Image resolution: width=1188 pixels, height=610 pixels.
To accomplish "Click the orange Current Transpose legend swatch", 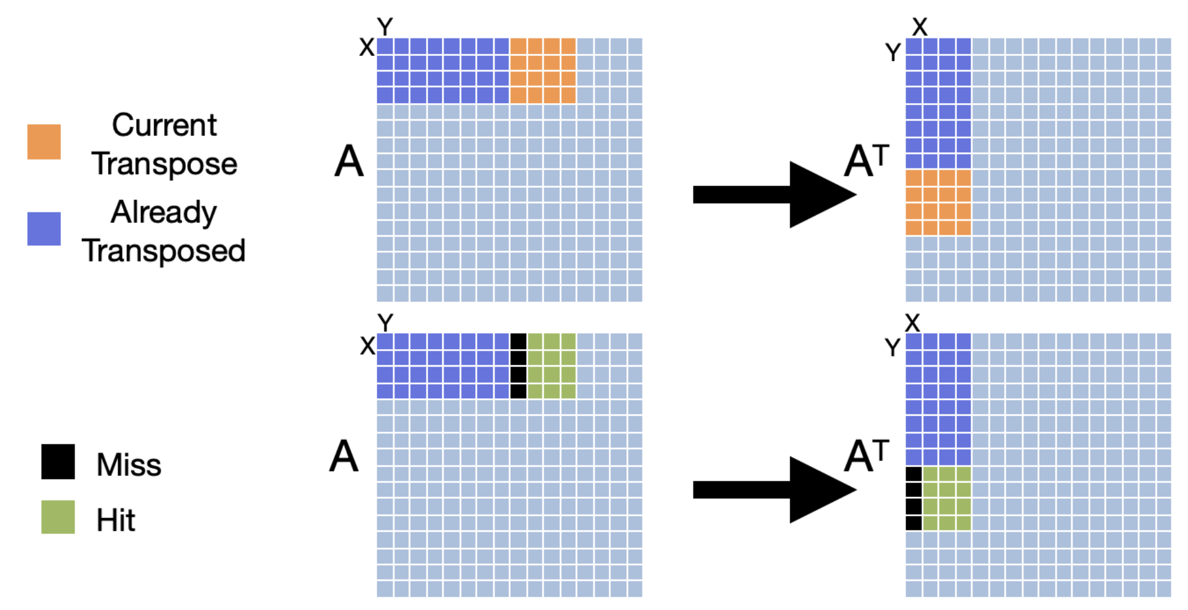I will coord(43,142).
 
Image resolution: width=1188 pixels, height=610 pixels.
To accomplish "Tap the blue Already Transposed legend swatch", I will coord(43,229).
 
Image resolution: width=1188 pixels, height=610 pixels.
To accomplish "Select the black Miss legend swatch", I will coord(58,462).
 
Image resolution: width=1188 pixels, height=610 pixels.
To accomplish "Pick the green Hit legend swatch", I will coord(58,517).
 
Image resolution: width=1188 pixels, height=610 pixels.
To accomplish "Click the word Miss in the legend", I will coord(129,465).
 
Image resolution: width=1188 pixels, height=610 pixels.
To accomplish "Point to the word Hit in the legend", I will coord(116,520).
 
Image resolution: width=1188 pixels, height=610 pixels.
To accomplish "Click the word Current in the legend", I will coord(164,125).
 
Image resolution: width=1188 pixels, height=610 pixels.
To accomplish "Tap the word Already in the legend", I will coord(164,213).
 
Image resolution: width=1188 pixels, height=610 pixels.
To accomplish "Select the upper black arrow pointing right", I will coord(774,194).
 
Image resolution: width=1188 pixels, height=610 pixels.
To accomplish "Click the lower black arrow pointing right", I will coord(774,489).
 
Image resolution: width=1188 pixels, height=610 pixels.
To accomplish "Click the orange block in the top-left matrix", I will coord(542,70).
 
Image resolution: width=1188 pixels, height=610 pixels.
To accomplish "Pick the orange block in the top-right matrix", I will coord(938,203).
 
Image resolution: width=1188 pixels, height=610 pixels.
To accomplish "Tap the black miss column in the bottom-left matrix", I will coord(518,366).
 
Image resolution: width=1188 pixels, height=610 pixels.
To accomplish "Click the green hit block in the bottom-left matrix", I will coord(551,366).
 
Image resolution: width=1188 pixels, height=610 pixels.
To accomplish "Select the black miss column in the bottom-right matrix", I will coord(913,498).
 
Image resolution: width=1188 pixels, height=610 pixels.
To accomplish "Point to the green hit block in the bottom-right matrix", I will coord(946,498).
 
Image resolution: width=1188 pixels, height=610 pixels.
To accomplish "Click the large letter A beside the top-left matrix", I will coord(349,162).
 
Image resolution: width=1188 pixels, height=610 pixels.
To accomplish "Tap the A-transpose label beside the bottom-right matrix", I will coord(866,456).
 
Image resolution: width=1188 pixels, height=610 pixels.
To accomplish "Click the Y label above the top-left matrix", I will coord(385,27).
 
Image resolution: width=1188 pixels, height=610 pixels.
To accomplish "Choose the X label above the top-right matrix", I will coord(920,27).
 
